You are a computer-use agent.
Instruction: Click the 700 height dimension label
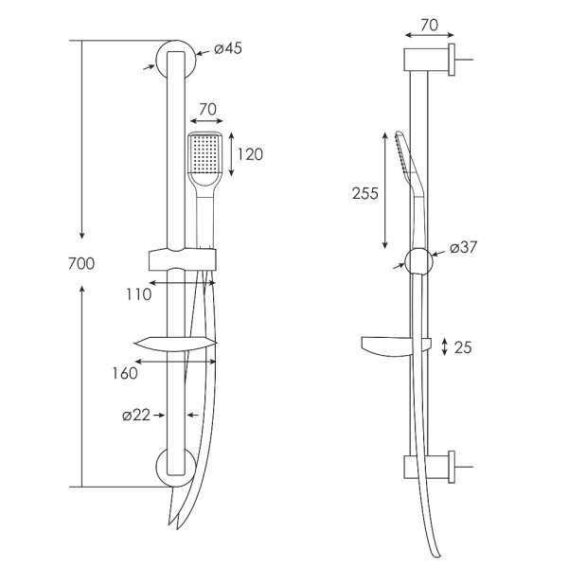point(81,263)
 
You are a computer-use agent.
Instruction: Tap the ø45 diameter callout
point(228,48)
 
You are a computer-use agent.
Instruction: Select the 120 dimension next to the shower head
point(250,154)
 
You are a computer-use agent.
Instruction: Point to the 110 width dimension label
point(139,294)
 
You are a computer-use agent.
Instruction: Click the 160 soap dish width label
point(125,373)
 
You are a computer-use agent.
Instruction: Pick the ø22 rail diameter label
point(136,416)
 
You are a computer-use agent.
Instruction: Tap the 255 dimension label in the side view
point(365,193)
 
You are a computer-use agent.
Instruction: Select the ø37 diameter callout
point(464,247)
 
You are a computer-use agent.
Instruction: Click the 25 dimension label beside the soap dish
point(463,347)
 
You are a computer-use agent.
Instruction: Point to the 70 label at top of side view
point(430,25)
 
